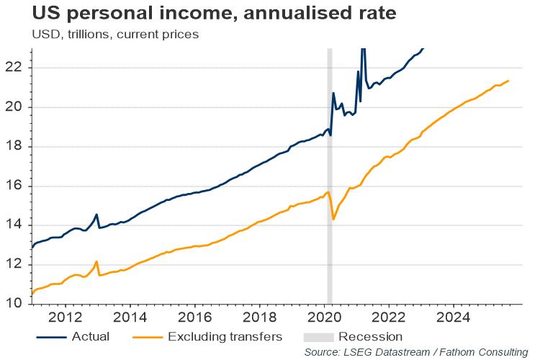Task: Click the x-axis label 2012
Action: pos(64,316)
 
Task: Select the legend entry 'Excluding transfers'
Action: pos(213,336)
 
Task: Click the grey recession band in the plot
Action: pos(330,180)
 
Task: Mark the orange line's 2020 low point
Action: pos(333,219)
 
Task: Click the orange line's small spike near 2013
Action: pos(96,261)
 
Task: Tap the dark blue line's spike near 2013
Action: pos(96,215)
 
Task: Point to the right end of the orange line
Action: pos(509,81)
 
